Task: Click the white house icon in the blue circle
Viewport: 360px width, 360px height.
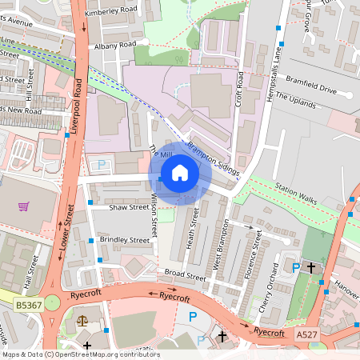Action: [x=179, y=173]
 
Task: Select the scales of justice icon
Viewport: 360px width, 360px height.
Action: [x=82, y=318]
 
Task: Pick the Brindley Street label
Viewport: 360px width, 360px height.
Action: [x=124, y=239]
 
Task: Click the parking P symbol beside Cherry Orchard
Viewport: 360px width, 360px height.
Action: [x=296, y=268]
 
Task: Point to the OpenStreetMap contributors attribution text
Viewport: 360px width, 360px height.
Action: [x=81, y=354]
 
